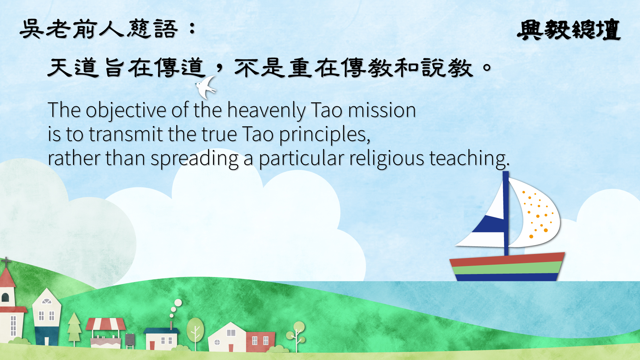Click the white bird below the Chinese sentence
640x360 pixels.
[x=206, y=87]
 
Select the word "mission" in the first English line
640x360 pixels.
[x=382, y=110]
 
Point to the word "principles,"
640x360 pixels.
[x=325, y=135]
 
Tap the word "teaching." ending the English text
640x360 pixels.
[x=469, y=158]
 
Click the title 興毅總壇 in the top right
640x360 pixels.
[x=569, y=30]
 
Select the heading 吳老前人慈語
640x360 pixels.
[x=99, y=29]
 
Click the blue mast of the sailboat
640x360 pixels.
[x=506, y=213]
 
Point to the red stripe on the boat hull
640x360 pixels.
[x=507, y=260]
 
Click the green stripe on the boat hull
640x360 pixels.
[x=507, y=268]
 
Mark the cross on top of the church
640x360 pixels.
[x=6, y=262]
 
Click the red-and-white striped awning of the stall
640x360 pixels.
[x=106, y=324]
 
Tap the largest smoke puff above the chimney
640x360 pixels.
[x=178, y=303]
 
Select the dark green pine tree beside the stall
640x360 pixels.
[x=74, y=328]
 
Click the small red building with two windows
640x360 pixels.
[x=261, y=341]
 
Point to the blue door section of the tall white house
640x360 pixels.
[x=47, y=336]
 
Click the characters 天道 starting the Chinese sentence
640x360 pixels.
[x=73, y=68]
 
